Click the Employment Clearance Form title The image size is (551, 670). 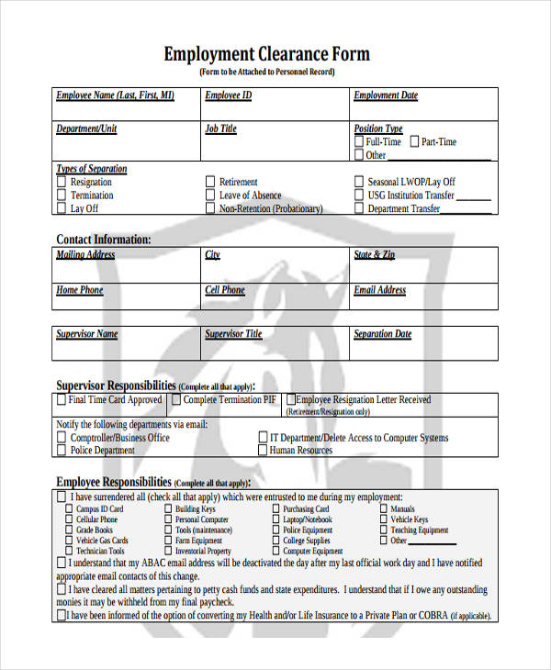[x=266, y=53]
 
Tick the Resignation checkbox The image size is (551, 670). [x=62, y=183]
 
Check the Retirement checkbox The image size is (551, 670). [x=210, y=183]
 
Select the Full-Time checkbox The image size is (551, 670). [x=359, y=142]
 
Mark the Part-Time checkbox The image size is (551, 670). [x=414, y=142]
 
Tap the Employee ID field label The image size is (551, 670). [x=228, y=95]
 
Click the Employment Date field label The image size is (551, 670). [x=386, y=95]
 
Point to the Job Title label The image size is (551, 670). [x=220, y=129]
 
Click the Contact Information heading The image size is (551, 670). [x=104, y=240]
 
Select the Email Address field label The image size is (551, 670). [x=380, y=291]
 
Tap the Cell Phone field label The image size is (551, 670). [x=225, y=291]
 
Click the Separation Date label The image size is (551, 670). [x=383, y=335]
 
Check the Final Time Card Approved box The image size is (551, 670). [x=62, y=400]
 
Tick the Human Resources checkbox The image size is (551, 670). [x=262, y=451]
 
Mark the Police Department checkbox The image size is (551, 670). [x=62, y=451]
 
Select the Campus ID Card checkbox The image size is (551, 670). [x=69, y=508]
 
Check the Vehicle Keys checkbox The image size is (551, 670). [x=383, y=519]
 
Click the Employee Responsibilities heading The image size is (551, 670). [x=114, y=482]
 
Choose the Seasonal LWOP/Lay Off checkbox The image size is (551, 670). [x=359, y=183]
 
